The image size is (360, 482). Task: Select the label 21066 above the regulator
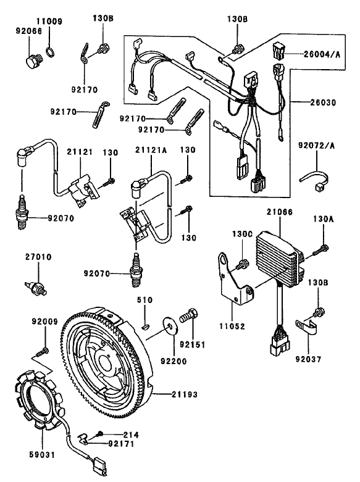coord(278,212)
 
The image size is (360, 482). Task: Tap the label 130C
coord(241,235)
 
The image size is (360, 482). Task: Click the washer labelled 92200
coord(168,322)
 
